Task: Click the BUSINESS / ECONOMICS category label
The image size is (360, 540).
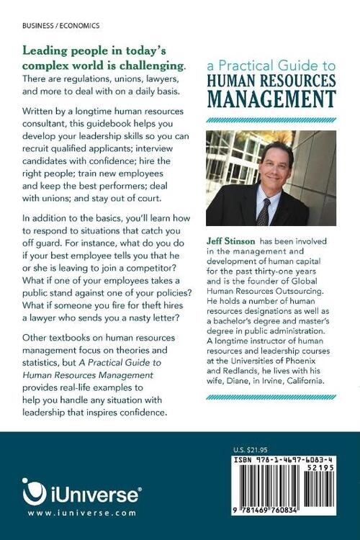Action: click(x=61, y=24)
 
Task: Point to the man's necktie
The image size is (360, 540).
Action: click(x=264, y=211)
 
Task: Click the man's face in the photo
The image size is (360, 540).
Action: click(x=266, y=169)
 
